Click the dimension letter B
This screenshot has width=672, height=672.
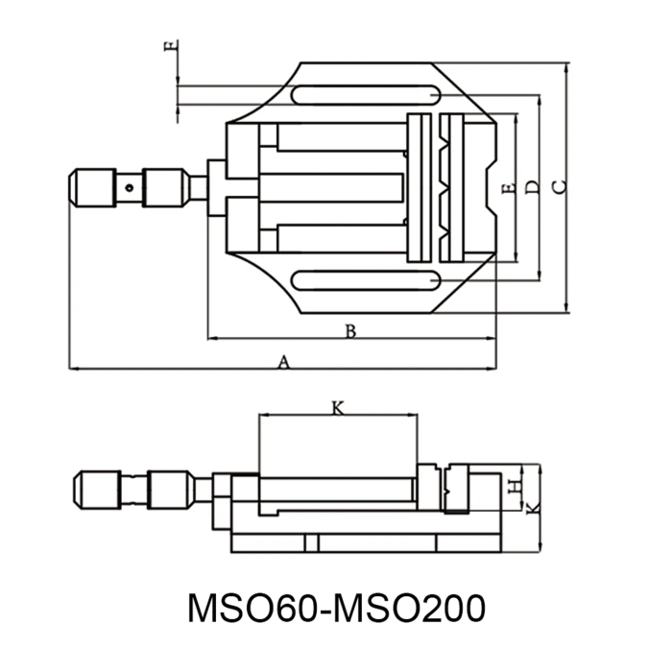(350, 331)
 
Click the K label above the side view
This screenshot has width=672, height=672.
(337, 408)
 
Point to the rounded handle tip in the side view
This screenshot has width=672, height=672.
(79, 491)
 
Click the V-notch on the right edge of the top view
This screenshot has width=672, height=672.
(492, 187)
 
